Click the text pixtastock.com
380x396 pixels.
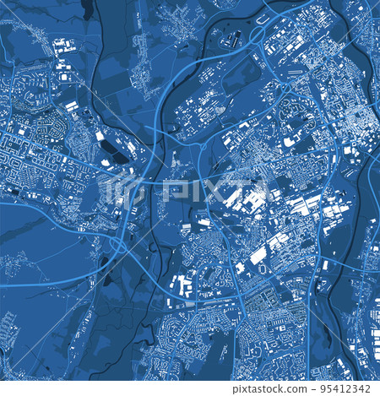[269, 389]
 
